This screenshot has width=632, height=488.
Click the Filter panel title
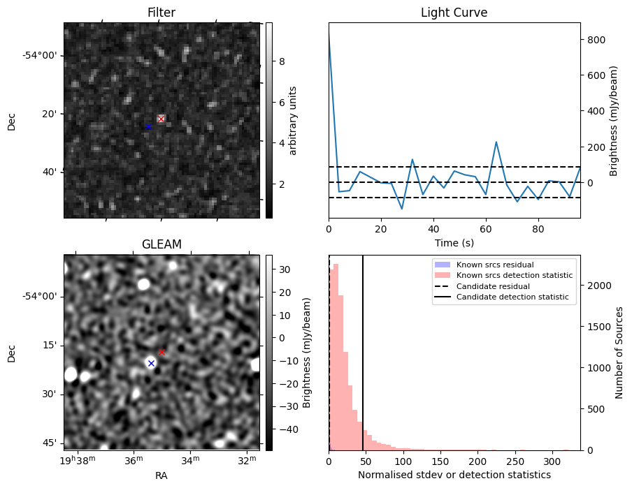[161, 13]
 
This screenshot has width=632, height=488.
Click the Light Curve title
[454, 13]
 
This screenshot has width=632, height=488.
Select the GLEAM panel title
[161, 244]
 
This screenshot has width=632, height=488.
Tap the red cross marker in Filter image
[161, 119]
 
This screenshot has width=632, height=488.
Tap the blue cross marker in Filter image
[148, 126]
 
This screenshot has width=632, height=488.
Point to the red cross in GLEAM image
[161, 352]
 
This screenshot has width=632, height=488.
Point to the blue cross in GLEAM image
[150, 363]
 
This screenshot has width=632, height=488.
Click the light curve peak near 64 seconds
[496, 142]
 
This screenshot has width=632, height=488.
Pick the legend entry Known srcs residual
[495, 265]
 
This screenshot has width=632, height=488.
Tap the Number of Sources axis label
[620, 352]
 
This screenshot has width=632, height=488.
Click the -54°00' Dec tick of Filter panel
[42, 55]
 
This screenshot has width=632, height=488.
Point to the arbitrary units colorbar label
[293, 120]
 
